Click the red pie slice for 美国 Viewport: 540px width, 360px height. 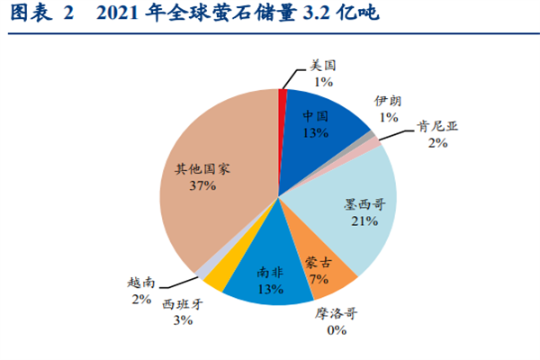pos(283,97)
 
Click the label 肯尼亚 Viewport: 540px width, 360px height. pos(437,127)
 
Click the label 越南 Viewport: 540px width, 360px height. pos(140,283)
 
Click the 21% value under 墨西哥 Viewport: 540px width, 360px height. pos(364,221)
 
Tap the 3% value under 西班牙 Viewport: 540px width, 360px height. pos(183,320)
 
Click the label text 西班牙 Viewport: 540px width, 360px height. pos(183,304)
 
